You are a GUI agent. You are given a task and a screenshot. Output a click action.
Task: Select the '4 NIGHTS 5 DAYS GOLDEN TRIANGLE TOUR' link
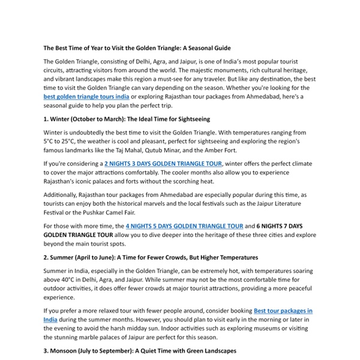pos(184,226)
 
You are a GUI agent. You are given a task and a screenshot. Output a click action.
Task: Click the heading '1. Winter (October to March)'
pos(127,119)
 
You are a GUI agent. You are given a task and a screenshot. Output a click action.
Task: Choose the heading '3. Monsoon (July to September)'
pos(140,350)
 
